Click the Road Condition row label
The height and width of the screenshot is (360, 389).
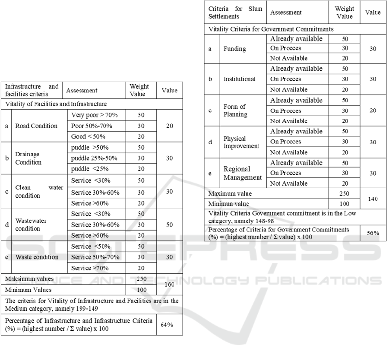[36, 126]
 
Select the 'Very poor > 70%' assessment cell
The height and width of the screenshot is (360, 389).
[97, 115]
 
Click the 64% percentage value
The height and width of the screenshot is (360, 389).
[167, 325]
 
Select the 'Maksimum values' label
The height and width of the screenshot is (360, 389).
[29, 279]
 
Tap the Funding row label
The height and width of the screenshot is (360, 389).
[234, 49]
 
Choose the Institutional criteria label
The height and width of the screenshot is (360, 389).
[240, 79]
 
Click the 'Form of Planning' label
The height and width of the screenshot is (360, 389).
[235, 111]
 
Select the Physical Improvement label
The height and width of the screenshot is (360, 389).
[241, 142]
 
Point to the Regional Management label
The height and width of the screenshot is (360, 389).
[243, 173]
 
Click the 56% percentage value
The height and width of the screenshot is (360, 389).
[373, 233]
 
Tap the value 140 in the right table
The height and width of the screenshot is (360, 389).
[373, 199]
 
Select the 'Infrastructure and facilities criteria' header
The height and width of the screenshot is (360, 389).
[32, 90]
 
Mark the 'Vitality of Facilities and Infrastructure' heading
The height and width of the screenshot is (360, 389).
[56, 104]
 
